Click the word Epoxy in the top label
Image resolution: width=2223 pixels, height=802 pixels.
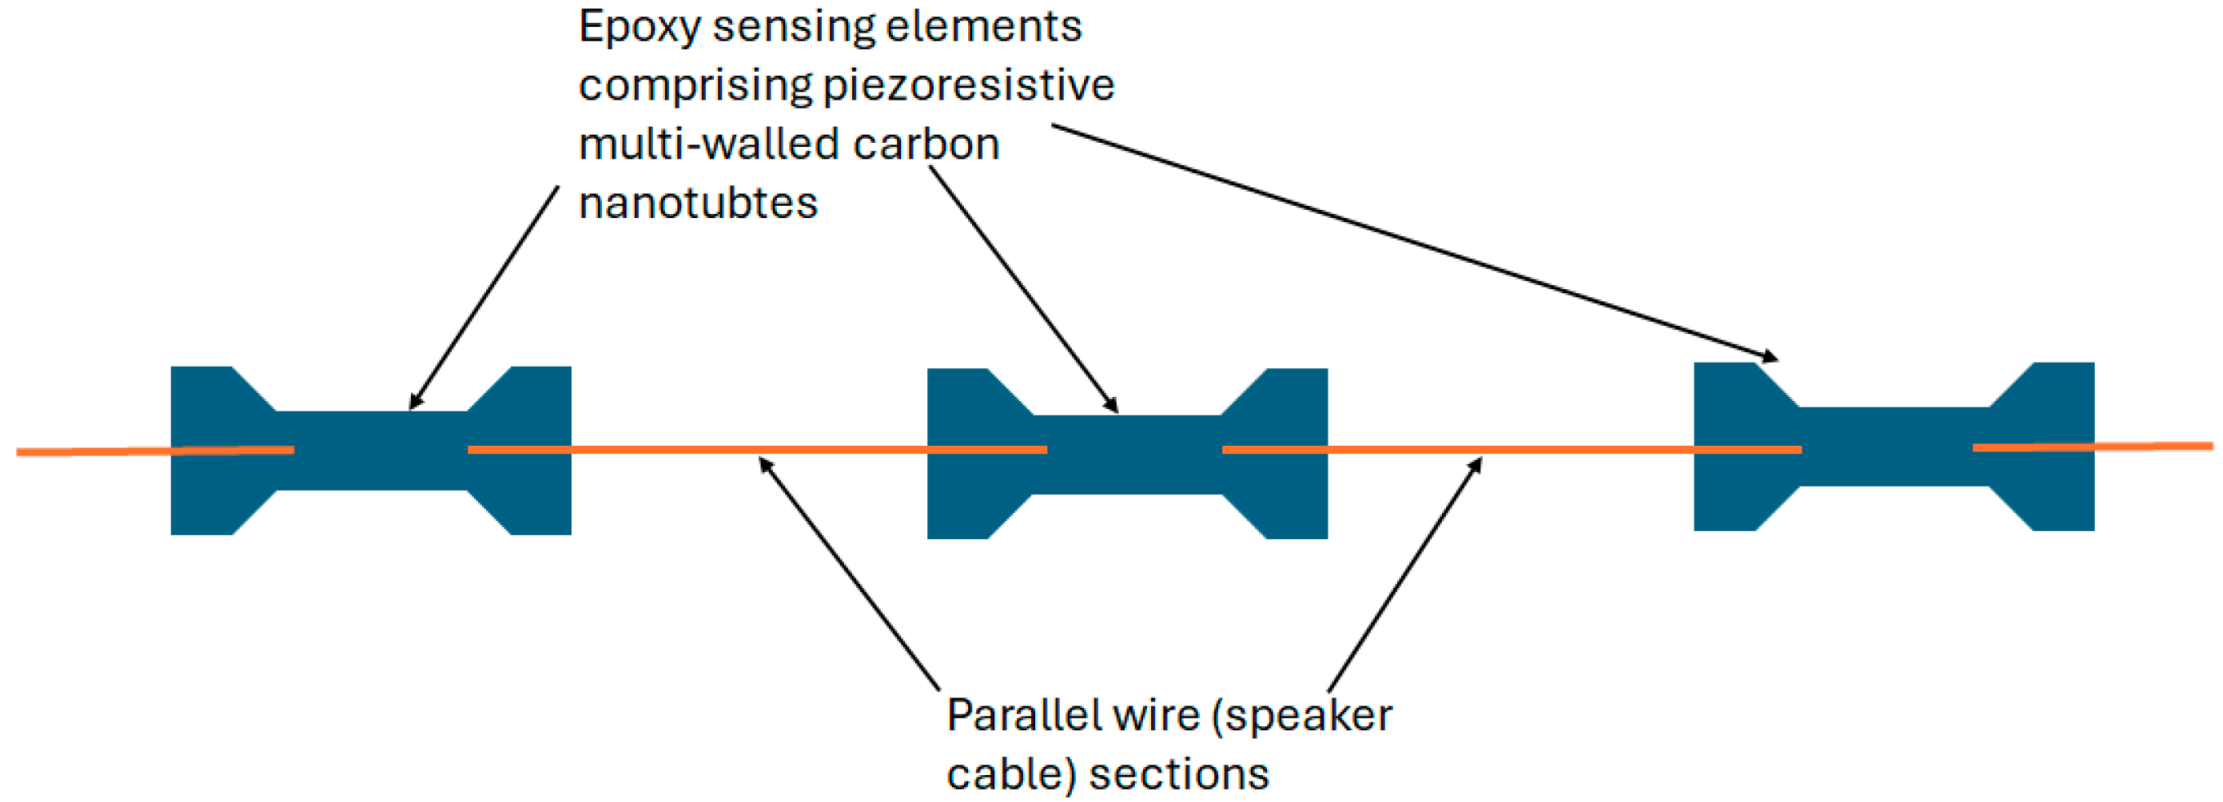(x=639, y=28)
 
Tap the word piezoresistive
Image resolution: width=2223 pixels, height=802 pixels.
(x=968, y=87)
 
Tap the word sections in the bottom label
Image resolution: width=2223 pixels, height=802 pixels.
(x=1178, y=774)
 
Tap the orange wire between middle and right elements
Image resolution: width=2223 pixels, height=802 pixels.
(x=1511, y=449)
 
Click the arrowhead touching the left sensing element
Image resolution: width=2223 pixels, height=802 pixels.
(x=415, y=402)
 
